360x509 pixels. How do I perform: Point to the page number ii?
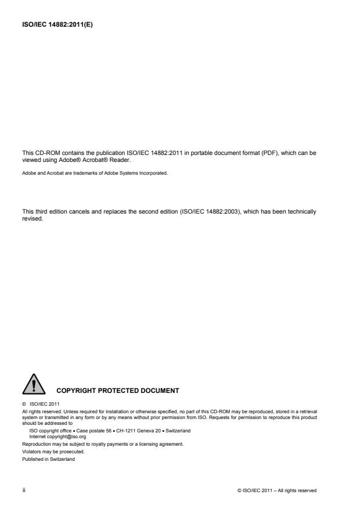[23, 490]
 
